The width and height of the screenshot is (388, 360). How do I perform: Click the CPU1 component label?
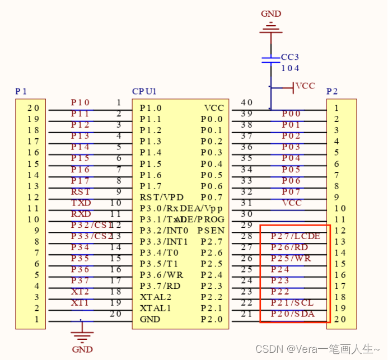(144, 91)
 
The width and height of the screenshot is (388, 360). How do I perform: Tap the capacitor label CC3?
(290, 57)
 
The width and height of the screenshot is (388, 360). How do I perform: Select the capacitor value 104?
(290, 68)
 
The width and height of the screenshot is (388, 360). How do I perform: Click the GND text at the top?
(271, 14)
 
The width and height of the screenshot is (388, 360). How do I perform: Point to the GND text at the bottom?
(82, 349)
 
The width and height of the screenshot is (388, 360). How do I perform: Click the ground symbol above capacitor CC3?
(271, 26)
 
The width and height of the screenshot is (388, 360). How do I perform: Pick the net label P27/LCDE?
(295, 236)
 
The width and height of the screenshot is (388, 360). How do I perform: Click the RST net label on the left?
(81, 192)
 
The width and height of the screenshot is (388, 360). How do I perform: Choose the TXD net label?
(81, 203)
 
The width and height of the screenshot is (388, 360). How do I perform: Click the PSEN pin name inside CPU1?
(211, 231)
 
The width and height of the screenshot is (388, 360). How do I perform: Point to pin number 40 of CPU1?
(246, 102)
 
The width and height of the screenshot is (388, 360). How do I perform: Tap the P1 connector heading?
(21, 91)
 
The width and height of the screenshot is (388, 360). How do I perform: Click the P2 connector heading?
(332, 91)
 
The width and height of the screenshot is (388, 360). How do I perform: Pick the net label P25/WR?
(291, 259)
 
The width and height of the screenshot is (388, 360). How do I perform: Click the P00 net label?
(291, 114)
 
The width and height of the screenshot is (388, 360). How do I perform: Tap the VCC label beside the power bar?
(305, 86)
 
